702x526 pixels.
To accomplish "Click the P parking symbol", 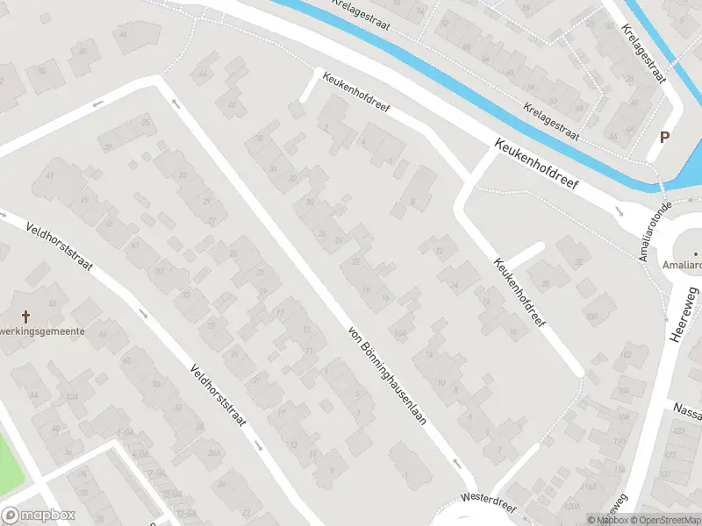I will tap(664, 137).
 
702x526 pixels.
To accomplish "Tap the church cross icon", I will tap(25, 315).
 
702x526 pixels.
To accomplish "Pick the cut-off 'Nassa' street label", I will tap(687, 408).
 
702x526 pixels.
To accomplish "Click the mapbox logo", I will tap(39, 515).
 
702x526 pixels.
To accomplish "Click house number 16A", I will tap(401, 333).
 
